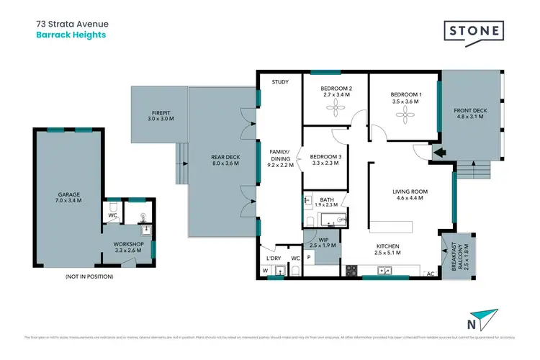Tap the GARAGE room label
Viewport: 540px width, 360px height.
[x=69, y=194]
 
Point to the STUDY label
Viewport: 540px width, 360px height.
[x=280, y=82]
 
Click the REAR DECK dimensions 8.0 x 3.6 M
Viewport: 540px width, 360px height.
[x=225, y=164]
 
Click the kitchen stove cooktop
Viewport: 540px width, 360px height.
[x=352, y=271]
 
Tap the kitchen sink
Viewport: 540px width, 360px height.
[x=385, y=271]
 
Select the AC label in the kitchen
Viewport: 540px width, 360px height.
[x=431, y=273]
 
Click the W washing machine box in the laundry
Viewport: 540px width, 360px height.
[x=264, y=271]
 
